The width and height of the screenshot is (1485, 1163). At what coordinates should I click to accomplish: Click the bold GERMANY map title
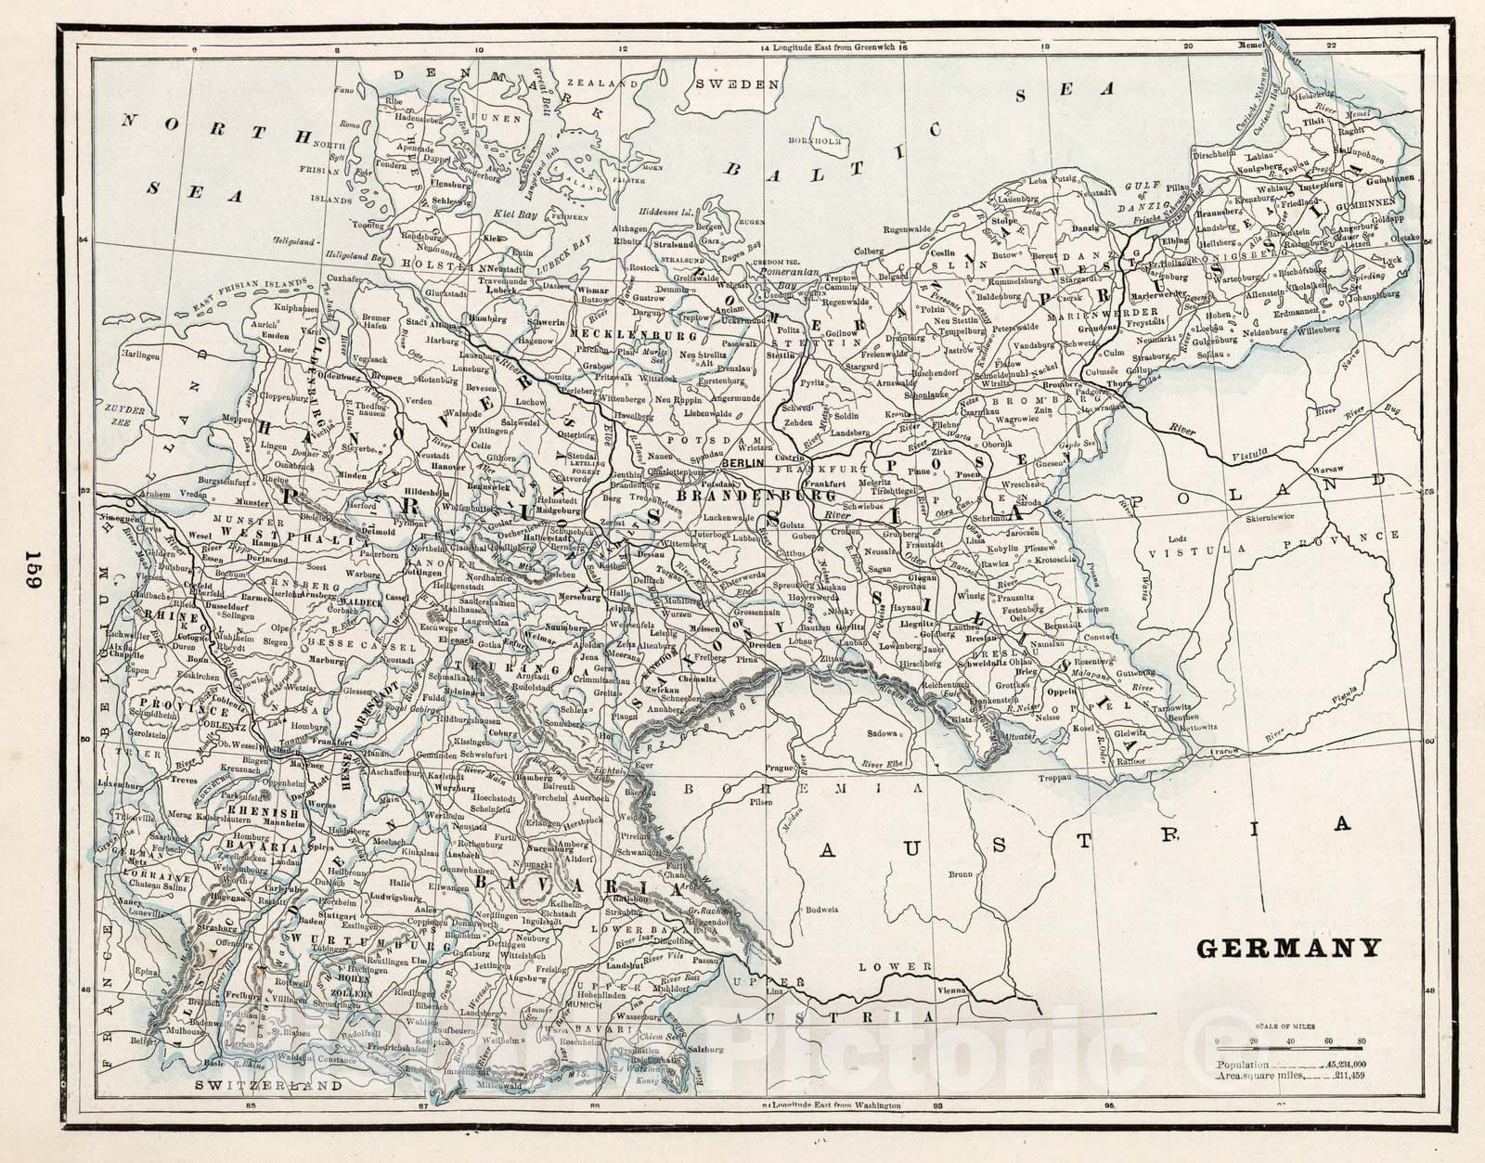pyautogui.click(x=1288, y=948)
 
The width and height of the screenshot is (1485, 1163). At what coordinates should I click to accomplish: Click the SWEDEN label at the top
pyautogui.click(x=736, y=84)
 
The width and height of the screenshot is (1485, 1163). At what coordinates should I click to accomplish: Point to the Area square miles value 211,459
pyautogui.click(x=1354, y=1076)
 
